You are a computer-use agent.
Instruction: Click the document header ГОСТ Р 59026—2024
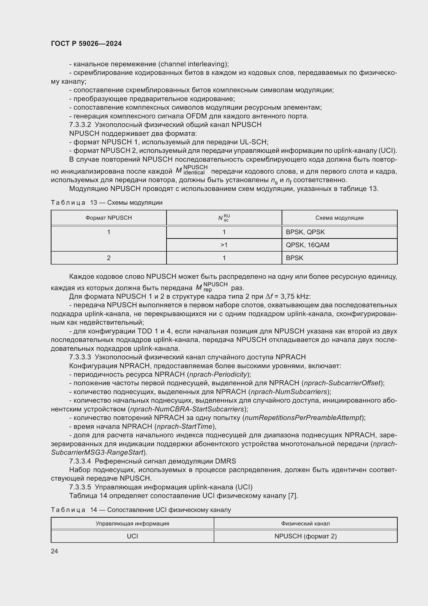[86, 44]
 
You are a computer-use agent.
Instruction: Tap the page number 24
[54, 551]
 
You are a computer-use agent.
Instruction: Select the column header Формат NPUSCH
[109, 218]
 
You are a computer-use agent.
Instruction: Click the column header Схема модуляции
[339, 218]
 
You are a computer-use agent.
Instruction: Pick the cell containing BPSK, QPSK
[305, 232]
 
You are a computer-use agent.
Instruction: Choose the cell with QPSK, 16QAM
[307, 245]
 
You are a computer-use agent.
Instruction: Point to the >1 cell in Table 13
[224, 245]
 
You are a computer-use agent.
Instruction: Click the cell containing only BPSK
[294, 258]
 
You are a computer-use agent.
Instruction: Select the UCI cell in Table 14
[132, 536]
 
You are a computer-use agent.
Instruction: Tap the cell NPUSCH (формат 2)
[305, 536]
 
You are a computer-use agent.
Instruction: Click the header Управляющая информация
[132, 523]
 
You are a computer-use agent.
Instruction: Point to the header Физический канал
[305, 523]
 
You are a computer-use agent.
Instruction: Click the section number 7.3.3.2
[80, 125]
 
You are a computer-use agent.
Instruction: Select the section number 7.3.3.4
[80, 461]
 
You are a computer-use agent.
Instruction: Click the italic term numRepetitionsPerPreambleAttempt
[303, 418]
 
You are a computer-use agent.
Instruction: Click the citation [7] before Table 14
[292, 496]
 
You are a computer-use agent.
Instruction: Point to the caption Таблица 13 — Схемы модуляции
[106, 202]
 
